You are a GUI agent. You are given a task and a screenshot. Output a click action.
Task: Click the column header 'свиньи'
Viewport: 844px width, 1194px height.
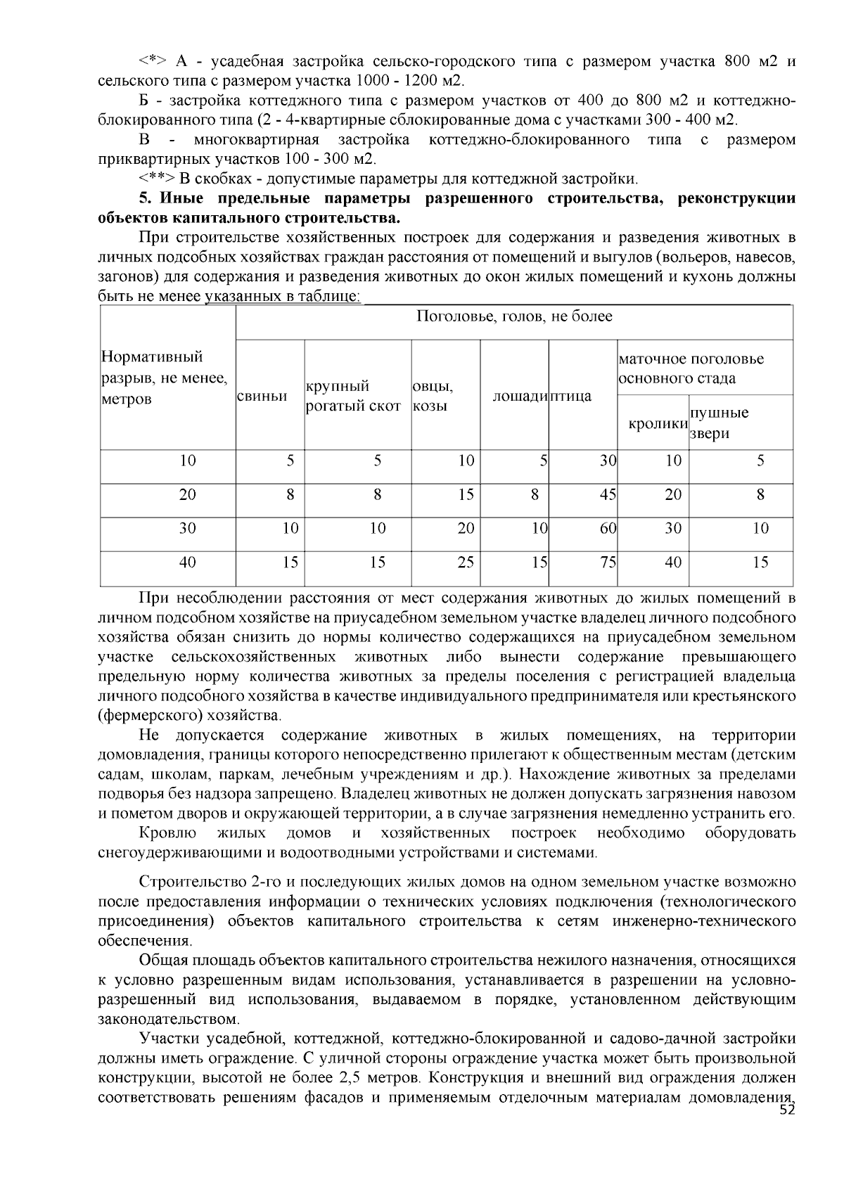[x=261, y=397]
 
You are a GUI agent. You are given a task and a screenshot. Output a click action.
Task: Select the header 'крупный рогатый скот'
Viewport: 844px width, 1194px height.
[x=353, y=397]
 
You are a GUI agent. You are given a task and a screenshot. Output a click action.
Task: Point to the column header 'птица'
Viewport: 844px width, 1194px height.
[x=570, y=397]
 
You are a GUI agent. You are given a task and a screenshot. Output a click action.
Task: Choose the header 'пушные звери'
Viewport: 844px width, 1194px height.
[x=719, y=423]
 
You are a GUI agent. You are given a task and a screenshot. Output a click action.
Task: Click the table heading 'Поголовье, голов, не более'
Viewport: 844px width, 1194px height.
[x=514, y=317]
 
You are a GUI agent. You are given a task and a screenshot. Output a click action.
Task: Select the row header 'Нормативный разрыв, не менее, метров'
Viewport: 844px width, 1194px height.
[x=165, y=378]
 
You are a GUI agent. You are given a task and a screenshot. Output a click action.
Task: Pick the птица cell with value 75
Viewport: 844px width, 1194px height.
[x=608, y=563]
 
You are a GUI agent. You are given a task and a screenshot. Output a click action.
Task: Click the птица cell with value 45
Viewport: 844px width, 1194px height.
[x=608, y=495]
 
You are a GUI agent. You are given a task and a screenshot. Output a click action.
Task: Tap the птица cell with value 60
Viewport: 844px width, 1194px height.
[x=608, y=529]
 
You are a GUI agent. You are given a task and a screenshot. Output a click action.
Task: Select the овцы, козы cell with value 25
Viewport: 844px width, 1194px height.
[x=466, y=563]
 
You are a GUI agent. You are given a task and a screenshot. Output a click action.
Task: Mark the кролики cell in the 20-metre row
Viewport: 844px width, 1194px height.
[x=673, y=495]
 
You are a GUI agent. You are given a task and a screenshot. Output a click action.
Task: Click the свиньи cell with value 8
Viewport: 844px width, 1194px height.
[x=290, y=495]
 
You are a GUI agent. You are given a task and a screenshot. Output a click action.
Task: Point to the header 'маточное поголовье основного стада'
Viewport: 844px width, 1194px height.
[x=691, y=368]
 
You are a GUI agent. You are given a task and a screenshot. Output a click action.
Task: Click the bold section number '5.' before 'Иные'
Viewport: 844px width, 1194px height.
[x=146, y=199]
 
